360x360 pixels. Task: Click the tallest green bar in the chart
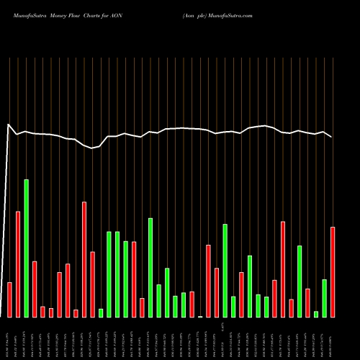27,248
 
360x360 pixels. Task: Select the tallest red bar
84,259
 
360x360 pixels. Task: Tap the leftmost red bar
10,300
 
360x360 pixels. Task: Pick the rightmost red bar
333,271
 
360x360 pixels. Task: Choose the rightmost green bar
325,298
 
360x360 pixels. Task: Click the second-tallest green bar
150,267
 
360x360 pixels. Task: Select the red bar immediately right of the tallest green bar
35,289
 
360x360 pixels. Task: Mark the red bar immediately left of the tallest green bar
18,264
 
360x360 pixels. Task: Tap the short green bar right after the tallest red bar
101,312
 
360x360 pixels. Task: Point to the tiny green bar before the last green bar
316,314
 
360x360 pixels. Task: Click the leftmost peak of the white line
9,125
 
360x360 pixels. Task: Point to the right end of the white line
332,137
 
